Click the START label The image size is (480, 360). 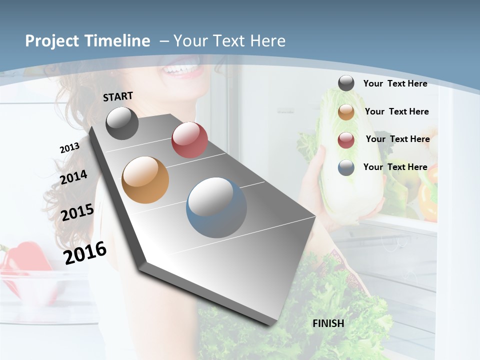pos(118,96)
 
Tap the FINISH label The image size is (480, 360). pos(328,323)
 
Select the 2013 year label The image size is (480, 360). pos(69,148)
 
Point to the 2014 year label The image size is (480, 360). pos(74,177)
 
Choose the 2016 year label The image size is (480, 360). pos(85,252)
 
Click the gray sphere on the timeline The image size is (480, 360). pos(122,123)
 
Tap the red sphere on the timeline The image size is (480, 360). pos(189,140)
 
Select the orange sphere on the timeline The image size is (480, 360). pos(145,180)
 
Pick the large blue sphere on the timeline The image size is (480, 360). pos(216,207)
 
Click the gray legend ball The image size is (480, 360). pos(346,83)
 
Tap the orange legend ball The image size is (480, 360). pos(346,111)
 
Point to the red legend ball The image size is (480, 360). pos(346,139)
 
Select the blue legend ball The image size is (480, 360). pos(346,167)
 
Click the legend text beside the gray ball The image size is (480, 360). pos(395,83)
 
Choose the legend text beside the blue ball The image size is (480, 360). pos(395,167)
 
